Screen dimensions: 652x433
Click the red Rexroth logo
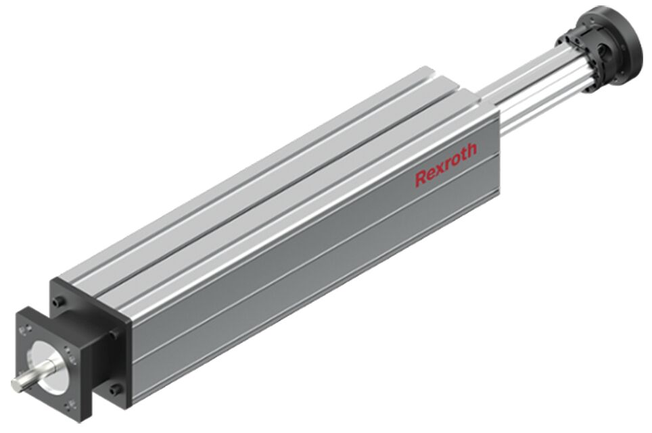click(446, 164)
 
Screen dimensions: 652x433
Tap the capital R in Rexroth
click(421, 178)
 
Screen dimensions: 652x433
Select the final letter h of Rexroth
click(471, 150)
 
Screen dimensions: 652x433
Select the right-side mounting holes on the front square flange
click(72, 357)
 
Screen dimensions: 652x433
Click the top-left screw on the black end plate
click(61, 300)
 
